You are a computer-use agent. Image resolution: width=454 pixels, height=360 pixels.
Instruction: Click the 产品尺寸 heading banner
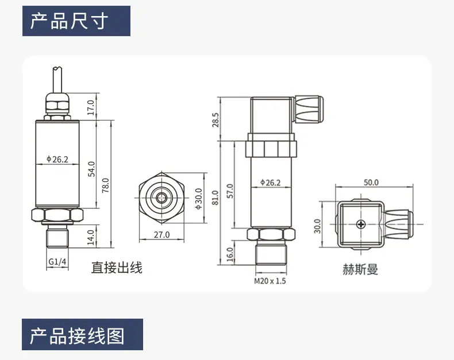coord(76,21)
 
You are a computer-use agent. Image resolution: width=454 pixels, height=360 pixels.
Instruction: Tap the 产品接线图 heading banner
coord(83,335)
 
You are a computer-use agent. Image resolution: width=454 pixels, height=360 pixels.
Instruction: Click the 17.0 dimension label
coord(91,107)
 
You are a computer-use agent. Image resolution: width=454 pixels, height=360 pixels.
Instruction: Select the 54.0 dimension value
coord(91,169)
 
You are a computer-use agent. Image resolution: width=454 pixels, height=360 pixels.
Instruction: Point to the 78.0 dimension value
coord(105,185)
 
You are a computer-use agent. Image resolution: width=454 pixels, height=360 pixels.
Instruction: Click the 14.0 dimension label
coord(91,237)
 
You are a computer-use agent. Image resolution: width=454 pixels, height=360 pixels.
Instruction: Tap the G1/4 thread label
coord(57,262)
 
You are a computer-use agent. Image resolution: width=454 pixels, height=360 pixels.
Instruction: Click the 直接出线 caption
coord(117,268)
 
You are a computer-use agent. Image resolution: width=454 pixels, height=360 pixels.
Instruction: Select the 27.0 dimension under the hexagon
coord(161,234)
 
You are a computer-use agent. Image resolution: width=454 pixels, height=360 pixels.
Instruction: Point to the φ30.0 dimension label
coord(199,199)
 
